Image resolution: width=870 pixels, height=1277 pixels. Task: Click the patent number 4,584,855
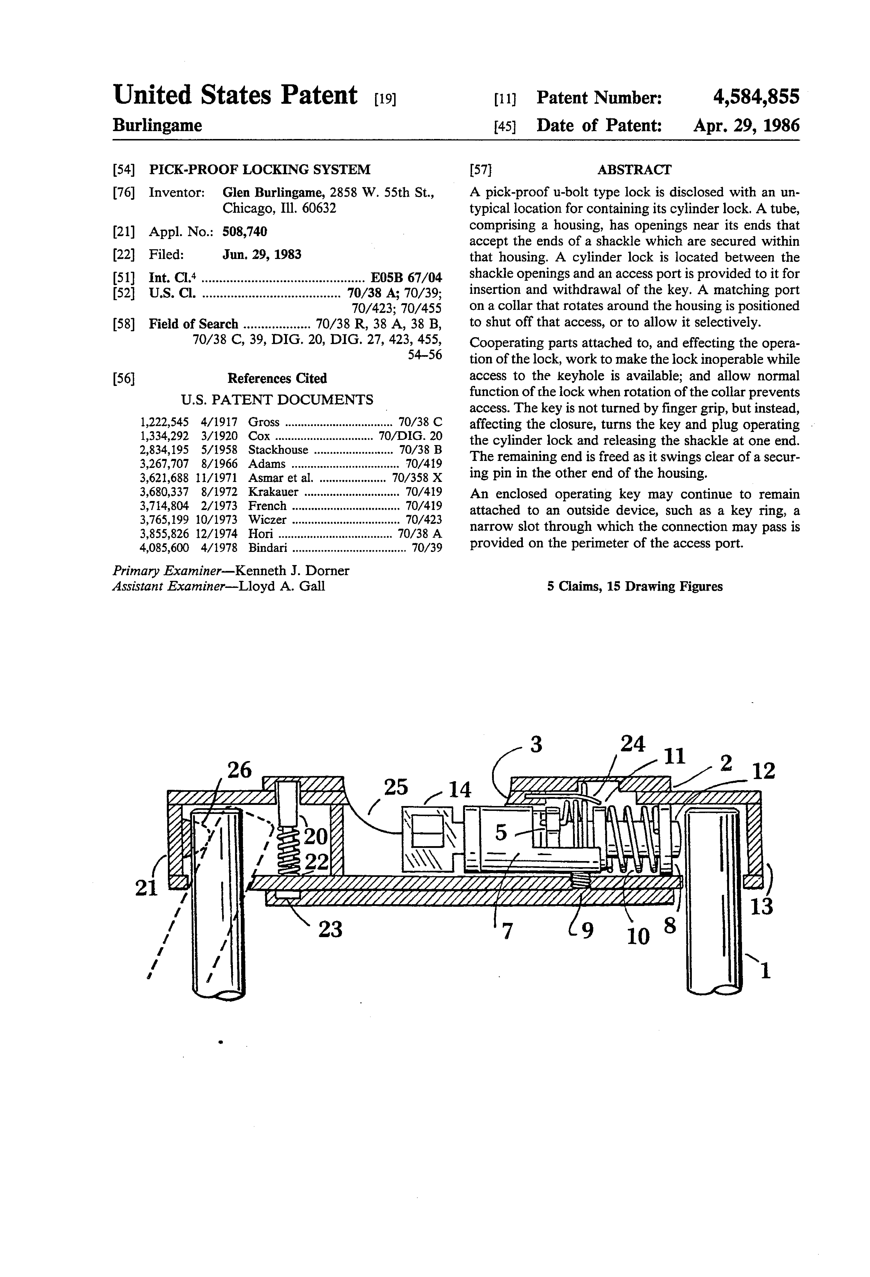click(756, 97)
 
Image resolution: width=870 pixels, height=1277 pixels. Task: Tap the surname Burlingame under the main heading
click(157, 126)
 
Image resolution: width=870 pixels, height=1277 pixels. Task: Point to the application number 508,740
click(245, 231)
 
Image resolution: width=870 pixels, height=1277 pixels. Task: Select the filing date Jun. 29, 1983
click(262, 254)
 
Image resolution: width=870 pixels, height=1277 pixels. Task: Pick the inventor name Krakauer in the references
click(273, 492)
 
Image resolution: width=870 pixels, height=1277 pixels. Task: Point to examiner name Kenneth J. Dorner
click(291, 570)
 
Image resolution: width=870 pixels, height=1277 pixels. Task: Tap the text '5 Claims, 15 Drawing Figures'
click(635, 586)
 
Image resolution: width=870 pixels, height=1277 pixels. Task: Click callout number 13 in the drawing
click(762, 906)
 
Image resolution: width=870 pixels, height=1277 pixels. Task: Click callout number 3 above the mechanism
click(536, 745)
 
